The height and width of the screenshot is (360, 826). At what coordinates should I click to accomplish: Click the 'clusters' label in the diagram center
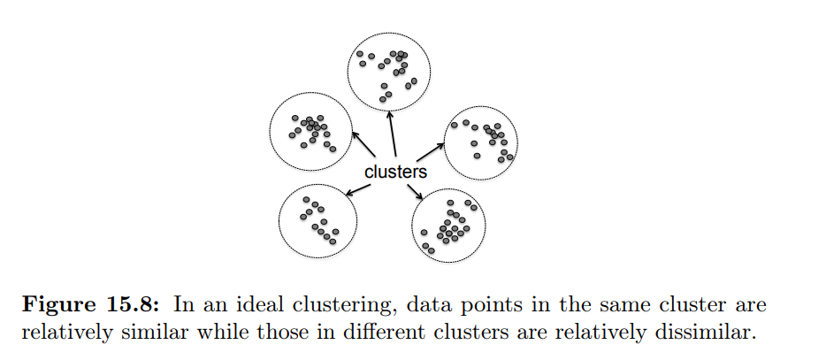395,172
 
